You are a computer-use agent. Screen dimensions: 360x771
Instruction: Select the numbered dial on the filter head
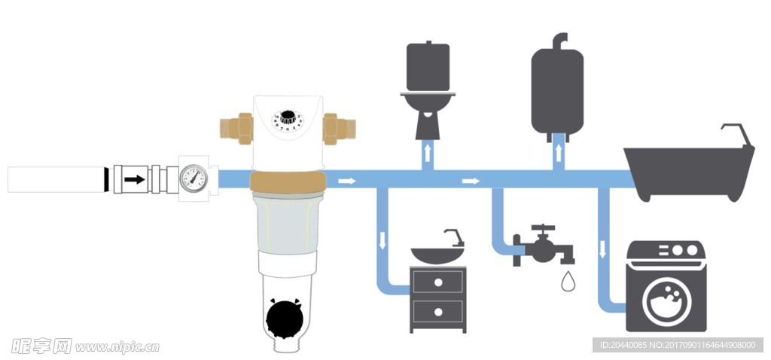coord(288,121)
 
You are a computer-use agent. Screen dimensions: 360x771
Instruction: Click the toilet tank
coord(428,67)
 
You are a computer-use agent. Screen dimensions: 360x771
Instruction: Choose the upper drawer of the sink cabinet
coord(437,282)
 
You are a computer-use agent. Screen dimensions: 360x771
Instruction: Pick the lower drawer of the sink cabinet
coord(437,310)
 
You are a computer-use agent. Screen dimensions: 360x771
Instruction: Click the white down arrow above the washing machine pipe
coord(602,249)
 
